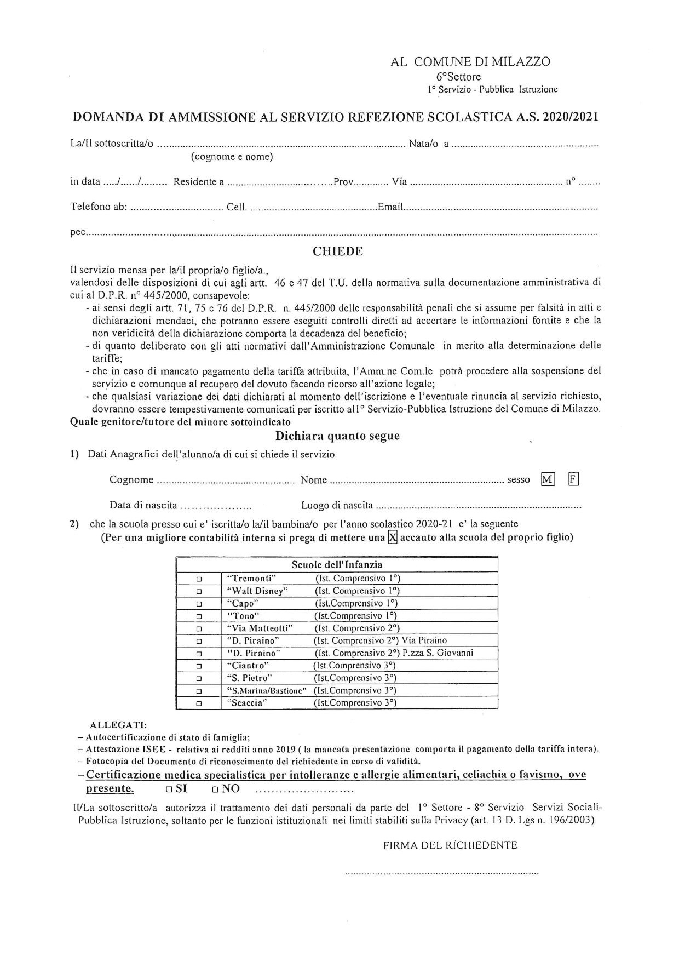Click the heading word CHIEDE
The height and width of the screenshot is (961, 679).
point(337,251)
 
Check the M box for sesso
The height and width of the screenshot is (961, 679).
point(547,479)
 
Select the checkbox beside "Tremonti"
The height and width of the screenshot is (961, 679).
point(199,579)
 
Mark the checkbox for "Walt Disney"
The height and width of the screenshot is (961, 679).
point(199,591)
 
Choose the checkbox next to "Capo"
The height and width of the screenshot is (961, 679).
point(199,604)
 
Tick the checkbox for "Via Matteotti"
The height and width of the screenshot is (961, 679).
point(199,629)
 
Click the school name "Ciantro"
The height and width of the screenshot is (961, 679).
point(248,666)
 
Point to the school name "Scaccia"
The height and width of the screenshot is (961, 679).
point(246,703)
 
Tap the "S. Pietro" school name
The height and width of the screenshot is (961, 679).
point(249,678)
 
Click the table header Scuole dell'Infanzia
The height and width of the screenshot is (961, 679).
point(337,565)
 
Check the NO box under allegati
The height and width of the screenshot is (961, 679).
point(216,790)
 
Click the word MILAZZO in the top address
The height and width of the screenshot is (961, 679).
point(521,62)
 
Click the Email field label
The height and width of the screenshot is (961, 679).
point(390,208)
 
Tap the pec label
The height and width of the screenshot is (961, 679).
point(78,233)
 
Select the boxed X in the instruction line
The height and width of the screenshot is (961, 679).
point(392,537)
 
